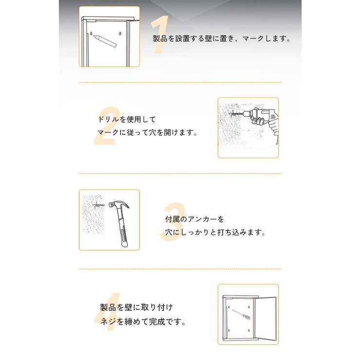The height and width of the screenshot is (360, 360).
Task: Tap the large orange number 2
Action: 106,127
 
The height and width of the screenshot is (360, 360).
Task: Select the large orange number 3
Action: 172,222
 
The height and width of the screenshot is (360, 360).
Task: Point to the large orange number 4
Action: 107,316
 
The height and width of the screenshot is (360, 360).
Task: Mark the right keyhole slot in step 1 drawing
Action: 120,33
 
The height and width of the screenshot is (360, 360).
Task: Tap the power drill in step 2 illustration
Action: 261,119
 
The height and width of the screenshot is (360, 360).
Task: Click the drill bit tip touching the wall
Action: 233,115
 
